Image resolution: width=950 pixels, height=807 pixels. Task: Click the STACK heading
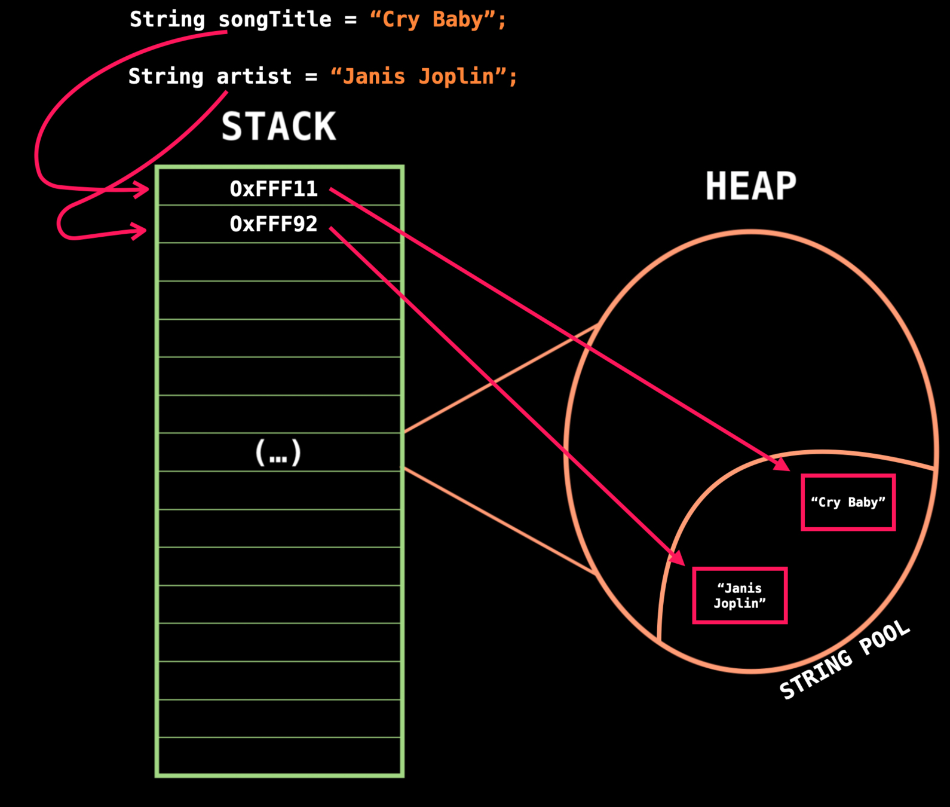[x=278, y=126]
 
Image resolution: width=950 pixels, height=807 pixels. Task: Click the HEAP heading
[x=750, y=186]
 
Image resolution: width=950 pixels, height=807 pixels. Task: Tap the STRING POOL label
[x=845, y=660]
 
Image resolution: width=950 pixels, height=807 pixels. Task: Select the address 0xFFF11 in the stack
[x=274, y=189]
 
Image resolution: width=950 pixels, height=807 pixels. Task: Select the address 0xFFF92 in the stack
[x=274, y=224]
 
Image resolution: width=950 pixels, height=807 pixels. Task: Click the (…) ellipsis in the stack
[x=278, y=453]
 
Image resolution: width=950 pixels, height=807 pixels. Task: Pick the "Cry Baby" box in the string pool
[x=848, y=502]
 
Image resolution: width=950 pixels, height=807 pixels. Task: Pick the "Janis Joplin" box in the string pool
[x=740, y=595]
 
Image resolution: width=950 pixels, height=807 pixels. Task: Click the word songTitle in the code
[x=275, y=20]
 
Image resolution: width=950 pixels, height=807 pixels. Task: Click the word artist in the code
[x=254, y=77]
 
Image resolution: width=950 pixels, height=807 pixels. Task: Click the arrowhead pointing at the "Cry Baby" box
[x=782, y=464]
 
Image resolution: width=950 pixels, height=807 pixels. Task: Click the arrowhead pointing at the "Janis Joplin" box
[x=677, y=557]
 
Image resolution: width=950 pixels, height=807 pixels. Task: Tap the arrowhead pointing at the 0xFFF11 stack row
[x=142, y=190]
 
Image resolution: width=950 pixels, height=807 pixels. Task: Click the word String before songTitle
[x=167, y=20]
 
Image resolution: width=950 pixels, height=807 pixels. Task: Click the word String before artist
[x=166, y=77]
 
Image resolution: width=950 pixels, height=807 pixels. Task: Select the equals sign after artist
[x=311, y=77]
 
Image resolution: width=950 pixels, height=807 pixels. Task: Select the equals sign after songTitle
[x=350, y=20]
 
